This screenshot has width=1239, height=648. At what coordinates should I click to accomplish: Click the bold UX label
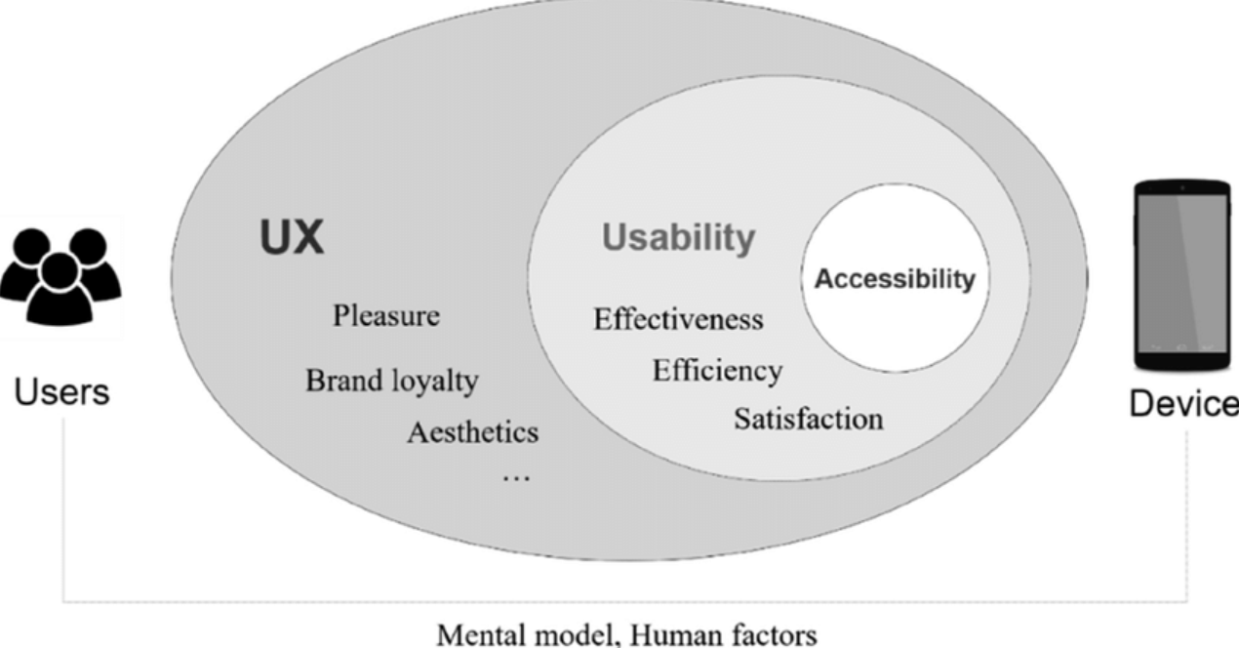[292, 237]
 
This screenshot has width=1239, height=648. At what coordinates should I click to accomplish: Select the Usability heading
[678, 237]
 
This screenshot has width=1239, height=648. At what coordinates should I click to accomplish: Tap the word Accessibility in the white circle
[895, 279]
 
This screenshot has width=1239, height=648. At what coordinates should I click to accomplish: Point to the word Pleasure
[385, 316]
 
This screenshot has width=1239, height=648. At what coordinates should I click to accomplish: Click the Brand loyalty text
[392, 380]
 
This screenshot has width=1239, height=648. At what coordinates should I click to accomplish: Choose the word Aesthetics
[472, 431]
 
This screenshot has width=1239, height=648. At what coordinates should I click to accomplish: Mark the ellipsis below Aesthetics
[515, 478]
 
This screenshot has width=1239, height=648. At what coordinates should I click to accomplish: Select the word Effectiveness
[678, 319]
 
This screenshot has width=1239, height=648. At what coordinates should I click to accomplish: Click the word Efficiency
[717, 371]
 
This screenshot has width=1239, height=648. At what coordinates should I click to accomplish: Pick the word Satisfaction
[808, 420]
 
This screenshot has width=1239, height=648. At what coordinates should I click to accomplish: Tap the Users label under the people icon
[60, 392]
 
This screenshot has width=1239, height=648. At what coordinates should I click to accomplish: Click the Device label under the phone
[1183, 403]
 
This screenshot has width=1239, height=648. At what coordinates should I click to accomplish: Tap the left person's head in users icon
[33, 244]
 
